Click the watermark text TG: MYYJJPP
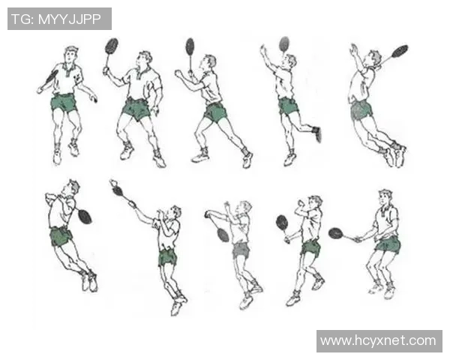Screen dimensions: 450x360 (x=56, y=19)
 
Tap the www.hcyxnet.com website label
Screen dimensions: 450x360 (x=378, y=340)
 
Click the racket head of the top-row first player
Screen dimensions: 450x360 (x=52, y=76)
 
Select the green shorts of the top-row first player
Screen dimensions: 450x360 (x=64, y=103)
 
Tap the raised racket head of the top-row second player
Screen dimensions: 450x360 (x=112, y=46)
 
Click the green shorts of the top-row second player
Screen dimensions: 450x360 (x=136, y=109)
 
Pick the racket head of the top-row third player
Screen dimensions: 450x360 (x=190, y=46)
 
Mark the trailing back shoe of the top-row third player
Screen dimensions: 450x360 (x=247, y=159)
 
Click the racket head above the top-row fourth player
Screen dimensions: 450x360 (x=284, y=44)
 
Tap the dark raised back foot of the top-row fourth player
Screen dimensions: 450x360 (x=317, y=133)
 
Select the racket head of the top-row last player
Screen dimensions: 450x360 (x=400, y=51)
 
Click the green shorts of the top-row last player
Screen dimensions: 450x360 (x=361, y=110)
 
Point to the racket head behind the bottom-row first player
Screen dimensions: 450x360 (x=85, y=217)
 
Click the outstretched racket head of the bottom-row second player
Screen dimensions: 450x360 (x=118, y=190)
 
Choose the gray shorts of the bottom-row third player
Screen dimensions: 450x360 (x=241, y=250)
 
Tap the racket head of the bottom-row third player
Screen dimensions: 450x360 (x=223, y=235)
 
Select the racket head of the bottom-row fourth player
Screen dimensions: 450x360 (x=282, y=222)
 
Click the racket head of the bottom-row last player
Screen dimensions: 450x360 (x=336, y=233)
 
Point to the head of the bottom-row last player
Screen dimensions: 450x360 (x=385, y=198)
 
